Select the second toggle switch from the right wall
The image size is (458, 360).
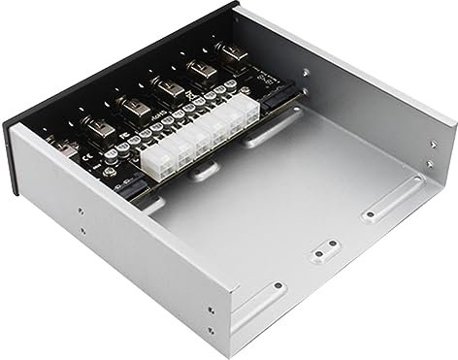(x=201, y=71)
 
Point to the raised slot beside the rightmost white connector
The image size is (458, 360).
(x=263, y=137)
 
